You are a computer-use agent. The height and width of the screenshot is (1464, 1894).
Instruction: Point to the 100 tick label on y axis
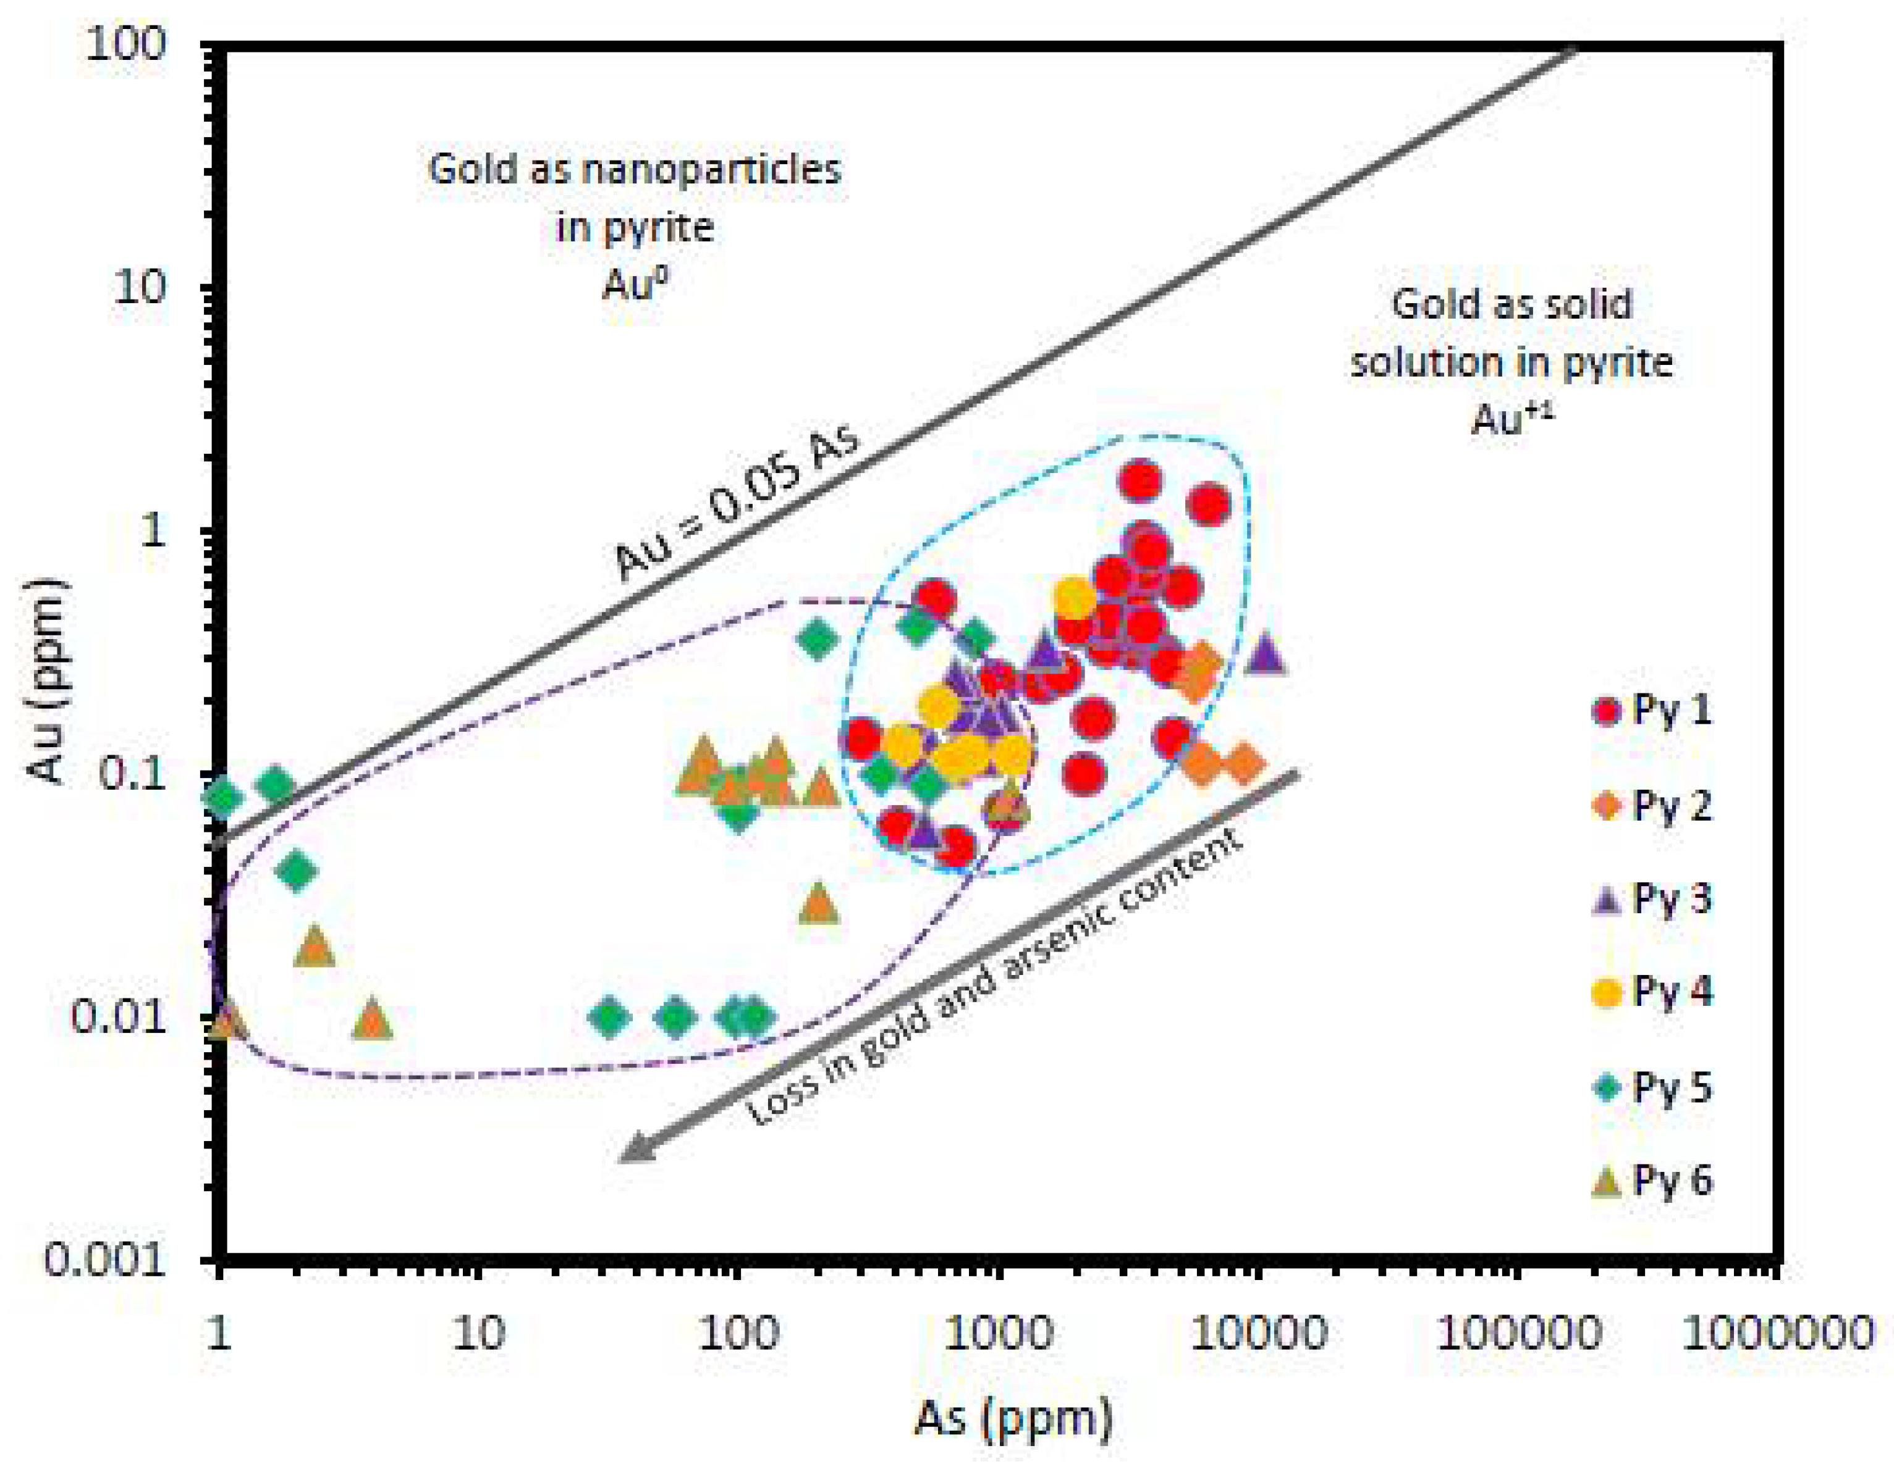(125, 43)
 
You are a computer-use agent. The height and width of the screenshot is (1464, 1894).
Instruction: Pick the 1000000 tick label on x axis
(1777, 1332)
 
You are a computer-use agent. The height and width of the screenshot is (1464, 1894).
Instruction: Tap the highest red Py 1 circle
(1140, 481)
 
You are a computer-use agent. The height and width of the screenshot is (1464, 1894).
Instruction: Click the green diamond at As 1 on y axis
(223, 796)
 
